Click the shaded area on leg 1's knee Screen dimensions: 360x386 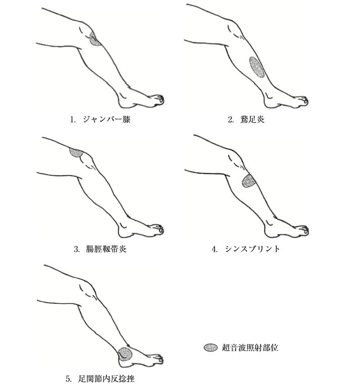tap(94, 39)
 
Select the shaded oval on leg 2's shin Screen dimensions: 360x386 tap(257, 67)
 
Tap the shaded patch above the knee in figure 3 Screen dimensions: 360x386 tap(76, 152)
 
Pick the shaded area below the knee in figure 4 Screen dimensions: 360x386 tap(248, 181)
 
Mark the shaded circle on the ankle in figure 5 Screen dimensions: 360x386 tap(125, 354)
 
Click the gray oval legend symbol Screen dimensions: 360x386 tap(211, 347)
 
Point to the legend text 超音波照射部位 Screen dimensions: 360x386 tap(250, 347)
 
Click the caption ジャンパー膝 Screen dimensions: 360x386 tap(107, 120)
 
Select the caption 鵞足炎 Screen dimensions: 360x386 tap(252, 120)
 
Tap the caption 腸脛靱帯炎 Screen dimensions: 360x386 tap(106, 249)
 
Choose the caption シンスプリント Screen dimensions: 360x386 tap(252, 249)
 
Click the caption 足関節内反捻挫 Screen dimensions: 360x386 tap(106, 378)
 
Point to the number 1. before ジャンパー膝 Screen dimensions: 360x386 tap(72, 120)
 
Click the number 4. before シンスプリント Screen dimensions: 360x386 tap(215, 249)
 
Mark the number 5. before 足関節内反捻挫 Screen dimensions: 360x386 tap(69, 378)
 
